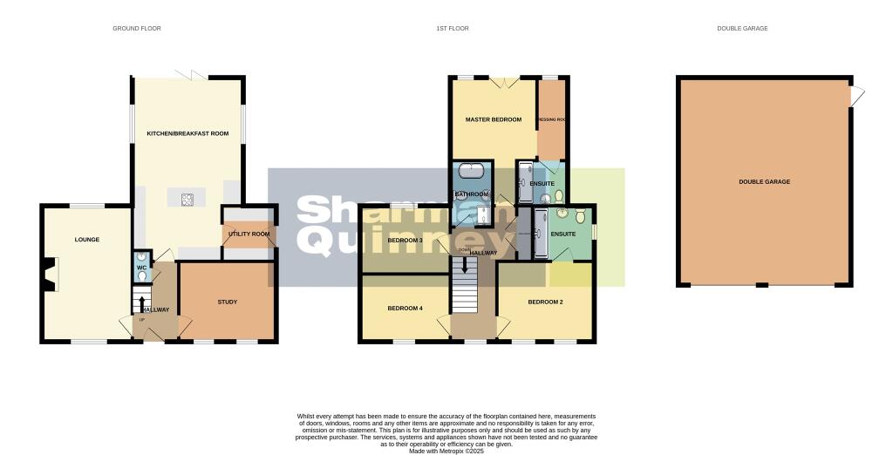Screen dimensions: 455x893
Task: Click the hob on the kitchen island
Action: pyautogui.click(x=187, y=199)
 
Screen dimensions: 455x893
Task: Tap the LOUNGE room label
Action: pyautogui.click(x=86, y=240)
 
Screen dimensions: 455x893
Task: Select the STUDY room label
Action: pyautogui.click(x=227, y=302)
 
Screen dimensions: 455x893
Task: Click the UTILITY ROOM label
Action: pyautogui.click(x=249, y=234)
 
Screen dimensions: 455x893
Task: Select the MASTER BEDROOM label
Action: pyautogui.click(x=493, y=119)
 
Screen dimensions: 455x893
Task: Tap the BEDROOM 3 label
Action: pyautogui.click(x=405, y=240)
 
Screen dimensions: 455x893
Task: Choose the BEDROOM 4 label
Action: pyautogui.click(x=405, y=308)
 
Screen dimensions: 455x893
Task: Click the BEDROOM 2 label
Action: pyautogui.click(x=545, y=302)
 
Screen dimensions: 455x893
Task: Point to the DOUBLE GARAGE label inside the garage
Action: pyautogui.click(x=764, y=181)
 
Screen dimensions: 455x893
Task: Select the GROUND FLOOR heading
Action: pyautogui.click(x=137, y=29)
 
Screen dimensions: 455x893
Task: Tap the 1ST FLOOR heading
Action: pyautogui.click(x=453, y=29)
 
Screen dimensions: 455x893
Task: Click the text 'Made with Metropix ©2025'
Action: pyautogui.click(x=446, y=450)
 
